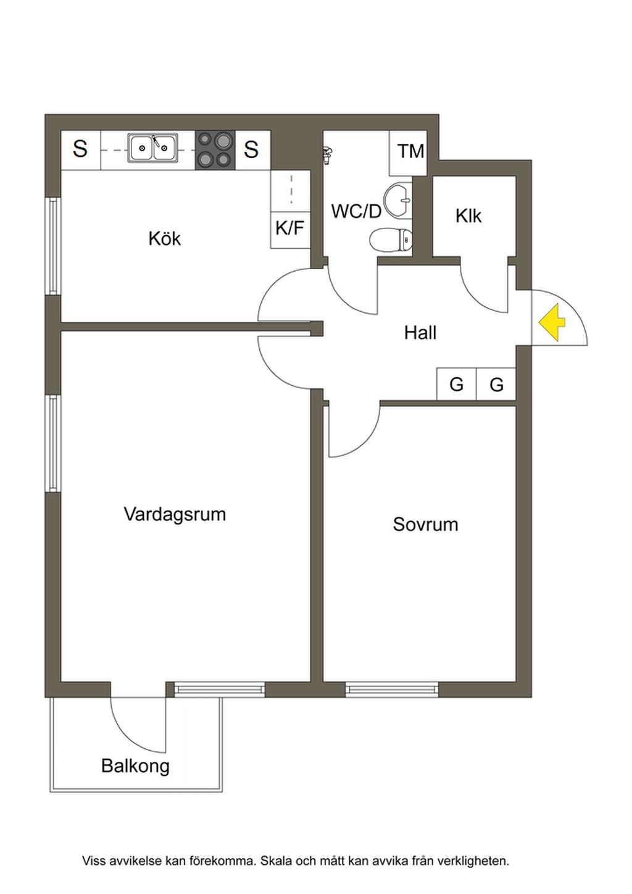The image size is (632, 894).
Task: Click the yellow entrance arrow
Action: pyautogui.click(x=552, y=322)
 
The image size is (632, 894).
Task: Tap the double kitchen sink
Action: pyautogui.click(x=153, y=148)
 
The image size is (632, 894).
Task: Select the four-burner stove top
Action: pyautogui.click(x=215, y=150)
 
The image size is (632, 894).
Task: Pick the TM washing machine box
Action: pyautogui.click(x=408, y=153)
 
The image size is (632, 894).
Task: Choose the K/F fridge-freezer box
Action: pyautogui.click(x=291, y=230)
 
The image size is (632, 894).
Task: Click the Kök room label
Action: pyautogui.click(x=164, y=238)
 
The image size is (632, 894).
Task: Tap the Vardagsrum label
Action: pyautogui.click(x=175, y=514)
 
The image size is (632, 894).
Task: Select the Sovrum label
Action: pyautogui.click(x=425, y=524)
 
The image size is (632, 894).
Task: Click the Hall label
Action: pyautogui.click(x=420, y=332)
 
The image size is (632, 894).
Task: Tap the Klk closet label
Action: pyautogui.click(x=468, y=216)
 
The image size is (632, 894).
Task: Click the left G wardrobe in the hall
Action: pyautogui.click(x=457, y=383)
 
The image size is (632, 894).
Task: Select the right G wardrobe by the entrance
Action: pyautogui.click(x=496, y=383)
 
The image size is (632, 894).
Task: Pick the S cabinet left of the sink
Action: pyautogui.click(x=81, y=149)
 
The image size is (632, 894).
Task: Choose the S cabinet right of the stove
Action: pyautogui.click(x=251, y=150)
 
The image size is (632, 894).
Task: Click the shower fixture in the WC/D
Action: pyautogui.click(x=328, y=154)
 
